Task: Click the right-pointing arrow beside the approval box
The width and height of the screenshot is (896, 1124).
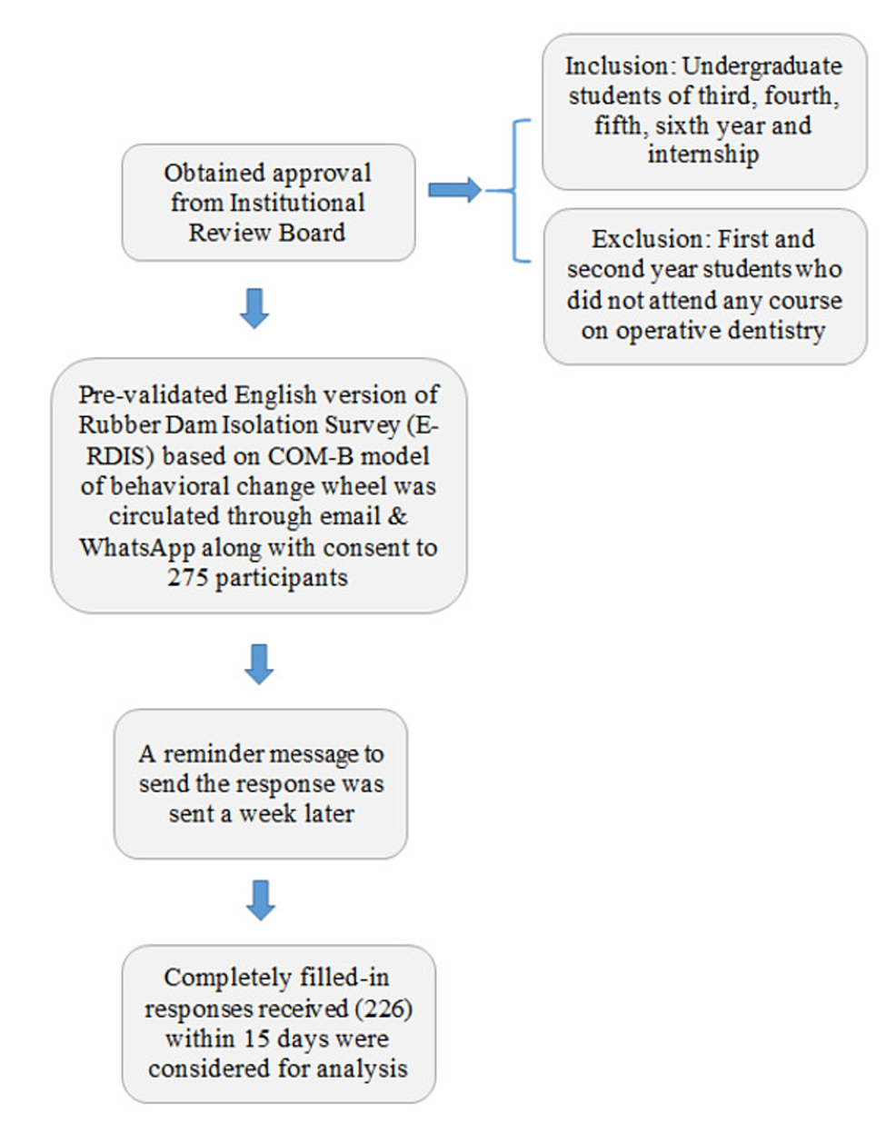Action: [x=454, y=190]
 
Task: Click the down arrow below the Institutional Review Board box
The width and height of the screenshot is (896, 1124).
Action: [x=254, y=308]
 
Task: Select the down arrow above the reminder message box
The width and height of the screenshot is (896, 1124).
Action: [x=260, y=664]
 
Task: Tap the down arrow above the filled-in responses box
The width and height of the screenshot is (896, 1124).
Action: [x=261, y=900]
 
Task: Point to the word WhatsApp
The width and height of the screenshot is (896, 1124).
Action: [x=136, y=548]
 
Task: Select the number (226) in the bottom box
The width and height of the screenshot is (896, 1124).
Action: [x=384, y=1009]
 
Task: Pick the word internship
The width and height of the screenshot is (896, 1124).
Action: [x=702, y=154]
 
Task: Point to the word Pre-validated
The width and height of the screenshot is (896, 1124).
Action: [x=153, y=395]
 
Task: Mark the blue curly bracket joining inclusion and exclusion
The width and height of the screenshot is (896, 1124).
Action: [x=517, y=191]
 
